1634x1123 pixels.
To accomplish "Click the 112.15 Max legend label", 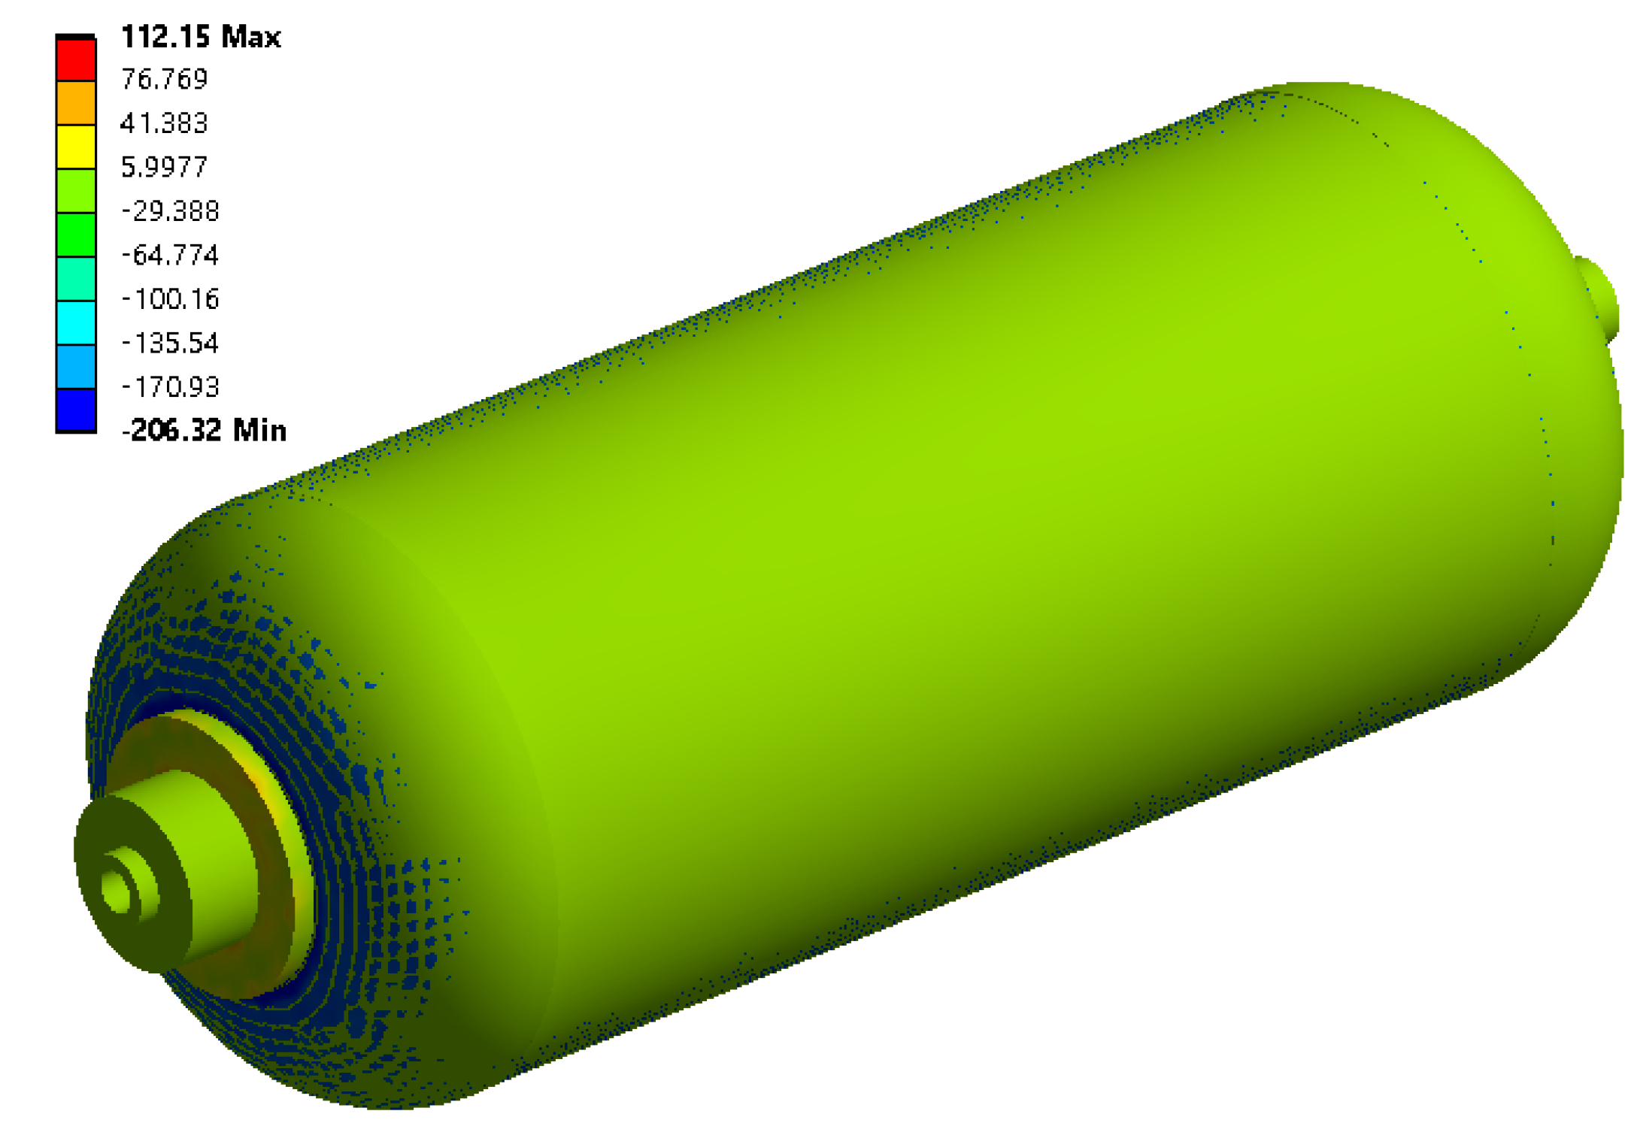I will [201, 37].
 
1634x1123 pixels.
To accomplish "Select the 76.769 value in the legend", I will [164, 79].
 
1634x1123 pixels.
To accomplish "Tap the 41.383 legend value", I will [164, 123].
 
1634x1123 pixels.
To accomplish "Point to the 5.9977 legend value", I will [164, 167].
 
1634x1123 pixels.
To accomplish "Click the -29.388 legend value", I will [170, 211].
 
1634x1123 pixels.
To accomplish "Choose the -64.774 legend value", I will [170, 256].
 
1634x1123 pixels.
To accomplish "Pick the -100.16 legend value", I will [170, 299].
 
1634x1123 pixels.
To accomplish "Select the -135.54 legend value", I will [170, 344].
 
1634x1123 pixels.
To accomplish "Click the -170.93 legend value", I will [170, 387].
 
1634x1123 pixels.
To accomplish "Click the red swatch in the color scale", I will [76, 59].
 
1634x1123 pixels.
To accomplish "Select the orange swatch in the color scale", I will [76, 103].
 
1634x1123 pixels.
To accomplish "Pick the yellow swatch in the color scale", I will [76, 147].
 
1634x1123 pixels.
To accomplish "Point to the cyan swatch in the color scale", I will [76, 322].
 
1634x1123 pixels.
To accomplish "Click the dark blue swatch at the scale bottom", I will [76, 410].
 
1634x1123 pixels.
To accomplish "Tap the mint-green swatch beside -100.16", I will [76, 279].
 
